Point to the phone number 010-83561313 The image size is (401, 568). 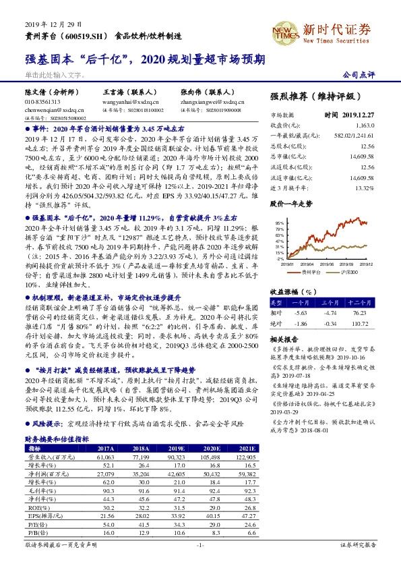tap(42, 101)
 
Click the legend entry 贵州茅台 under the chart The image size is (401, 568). tap(311, 272)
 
